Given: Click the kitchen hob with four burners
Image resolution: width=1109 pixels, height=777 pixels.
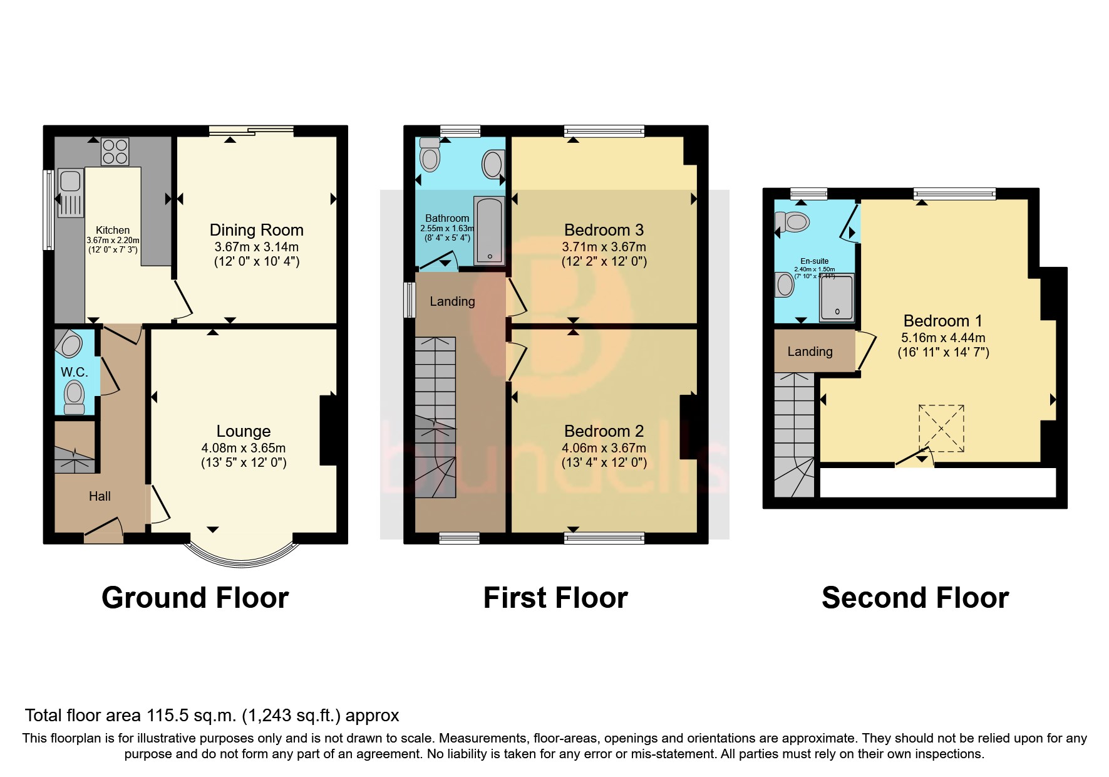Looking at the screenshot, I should pyautogui.click(x=115, y=150).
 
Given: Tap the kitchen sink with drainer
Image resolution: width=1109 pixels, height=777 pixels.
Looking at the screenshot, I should pyautogui.click(x=70, y=192).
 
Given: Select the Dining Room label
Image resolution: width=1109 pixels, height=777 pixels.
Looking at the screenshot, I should pyautogui.click(x=256, y=230).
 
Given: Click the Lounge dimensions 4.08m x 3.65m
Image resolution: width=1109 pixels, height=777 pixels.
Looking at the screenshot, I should pyautogui.click(x=244, y=448).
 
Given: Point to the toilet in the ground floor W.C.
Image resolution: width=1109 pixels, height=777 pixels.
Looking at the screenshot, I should pyautogui.click(x=74, y=397).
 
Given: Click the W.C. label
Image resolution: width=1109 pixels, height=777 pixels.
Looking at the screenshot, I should pyautogui.click(x=74, y=372).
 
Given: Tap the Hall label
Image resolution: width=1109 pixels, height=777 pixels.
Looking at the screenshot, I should pyautogui.click(x=100, y=496).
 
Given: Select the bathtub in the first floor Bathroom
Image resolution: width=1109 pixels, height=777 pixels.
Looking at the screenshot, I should pyautogui.click(x=488, y=230).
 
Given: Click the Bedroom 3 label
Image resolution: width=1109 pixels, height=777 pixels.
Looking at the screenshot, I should pyautogui.click(x=604, y=230).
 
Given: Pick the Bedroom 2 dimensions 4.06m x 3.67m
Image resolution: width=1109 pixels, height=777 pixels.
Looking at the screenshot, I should pyautogui.click(x=604, y=448).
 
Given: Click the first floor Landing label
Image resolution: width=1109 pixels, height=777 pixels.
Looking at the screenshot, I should pyautogui.click(x=452, y=301).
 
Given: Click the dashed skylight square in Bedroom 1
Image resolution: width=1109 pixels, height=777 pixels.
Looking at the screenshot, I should pyautogui.click(x=941, y=428).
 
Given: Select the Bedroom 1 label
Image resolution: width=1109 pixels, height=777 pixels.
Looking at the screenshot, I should pyautogui.click(x=942, y=321).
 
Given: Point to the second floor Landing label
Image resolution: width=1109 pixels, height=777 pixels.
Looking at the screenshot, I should pyautogui.click(x=810, y=352).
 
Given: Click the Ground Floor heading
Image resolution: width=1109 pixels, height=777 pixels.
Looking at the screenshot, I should pyautogui.click(x=195, y=598).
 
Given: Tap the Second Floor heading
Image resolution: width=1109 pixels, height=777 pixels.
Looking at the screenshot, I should pyautogui.click(x=915, y=598).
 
